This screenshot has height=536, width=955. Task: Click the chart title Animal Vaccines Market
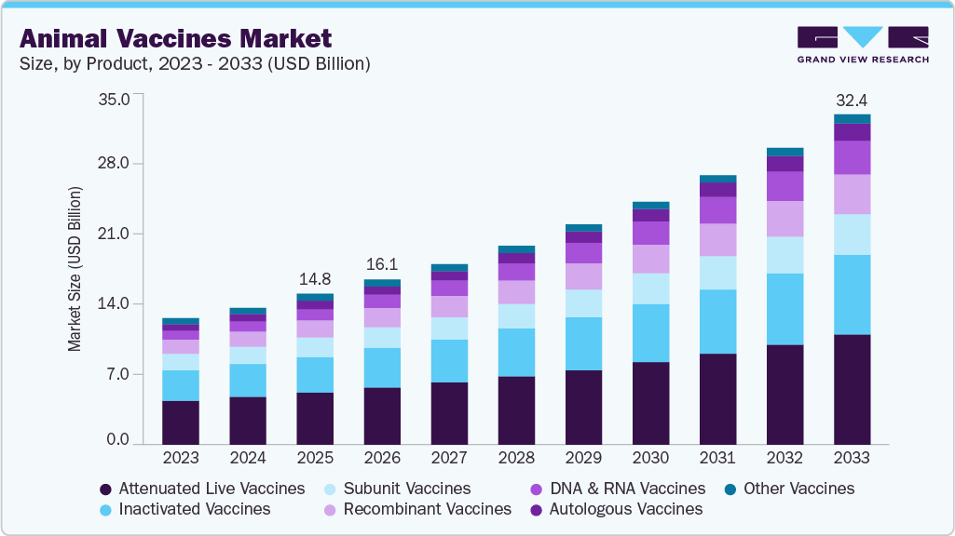pyautogui.click(x=175, y=38)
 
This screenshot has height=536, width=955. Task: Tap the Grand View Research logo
pyautogui.click(x=862, y=44)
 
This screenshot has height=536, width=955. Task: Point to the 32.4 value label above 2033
pyautogui.click(x=852, y=100)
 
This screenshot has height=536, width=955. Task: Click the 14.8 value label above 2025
pyautogui.click(x=314, y=278)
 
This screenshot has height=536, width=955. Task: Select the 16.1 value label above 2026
pyautogui.click(x=381, y=264)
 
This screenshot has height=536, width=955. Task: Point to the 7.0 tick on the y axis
pyautogui.click(x=118, y=374)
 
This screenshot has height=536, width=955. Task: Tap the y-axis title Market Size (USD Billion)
pyautogui.click(x=74, y=269)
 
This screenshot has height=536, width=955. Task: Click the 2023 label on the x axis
pyautogui.click(x=180, y=458)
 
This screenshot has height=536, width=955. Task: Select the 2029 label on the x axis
pyautogui.click(x=582, y=458)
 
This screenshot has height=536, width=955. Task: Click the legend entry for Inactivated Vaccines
pyautogui.click(x=185, y=509)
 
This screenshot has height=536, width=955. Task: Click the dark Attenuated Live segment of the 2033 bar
pyautogui.click(x=852, y=389)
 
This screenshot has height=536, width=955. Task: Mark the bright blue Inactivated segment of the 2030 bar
pyautogui.click(x=650, y=332)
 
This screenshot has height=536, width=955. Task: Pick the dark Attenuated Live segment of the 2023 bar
pyautogui.click(x=180, y=422)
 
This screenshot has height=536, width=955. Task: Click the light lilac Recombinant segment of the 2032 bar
pyautogui.click(x=784, y=219)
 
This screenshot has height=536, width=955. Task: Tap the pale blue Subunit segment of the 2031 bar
pyautogui.click(x=717, y=273)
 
